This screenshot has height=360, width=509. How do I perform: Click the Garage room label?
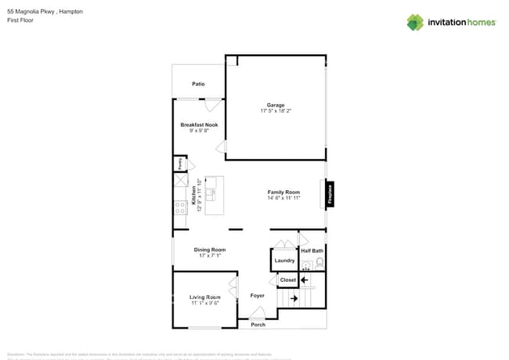pos(275,105)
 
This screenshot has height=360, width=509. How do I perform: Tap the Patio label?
pos(199,84)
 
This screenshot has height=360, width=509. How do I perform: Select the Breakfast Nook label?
pos(199,125)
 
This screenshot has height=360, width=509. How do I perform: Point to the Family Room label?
pos(283,192)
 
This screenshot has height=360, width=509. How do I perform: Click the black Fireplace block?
pos(330,193)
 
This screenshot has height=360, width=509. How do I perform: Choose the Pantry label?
pos(179,164)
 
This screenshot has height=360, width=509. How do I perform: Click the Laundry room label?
pos(284,261)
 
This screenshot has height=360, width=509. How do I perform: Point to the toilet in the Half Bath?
pos(319,264)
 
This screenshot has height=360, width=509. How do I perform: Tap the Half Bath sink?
pos(307,265)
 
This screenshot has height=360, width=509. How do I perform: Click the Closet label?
pos(287,279)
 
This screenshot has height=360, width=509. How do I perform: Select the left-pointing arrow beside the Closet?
pos(305,279)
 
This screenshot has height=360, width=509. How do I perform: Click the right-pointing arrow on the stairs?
pos(294,298)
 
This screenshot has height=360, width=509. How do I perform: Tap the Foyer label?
pos(257,296)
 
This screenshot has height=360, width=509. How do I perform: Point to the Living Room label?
pos(204,297)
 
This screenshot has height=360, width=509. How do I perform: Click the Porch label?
pos(258,324)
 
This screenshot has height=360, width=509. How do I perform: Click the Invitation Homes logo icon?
pos(415,22)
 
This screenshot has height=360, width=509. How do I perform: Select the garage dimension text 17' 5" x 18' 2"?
pos(275,111)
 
